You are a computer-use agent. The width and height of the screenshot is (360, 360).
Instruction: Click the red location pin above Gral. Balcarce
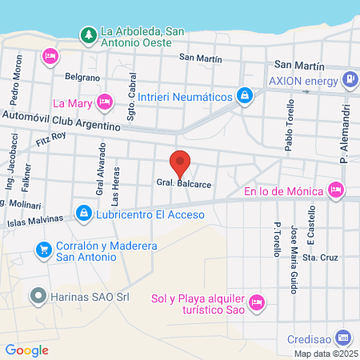click(181, 162)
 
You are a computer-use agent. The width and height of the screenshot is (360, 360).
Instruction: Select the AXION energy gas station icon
click(350, 79)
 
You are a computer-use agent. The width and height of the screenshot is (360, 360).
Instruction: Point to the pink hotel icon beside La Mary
click(104, 102)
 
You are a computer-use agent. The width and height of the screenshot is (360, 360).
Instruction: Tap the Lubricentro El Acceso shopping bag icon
click(83, 213)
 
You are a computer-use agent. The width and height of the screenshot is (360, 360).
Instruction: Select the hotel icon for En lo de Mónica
click(336, 190)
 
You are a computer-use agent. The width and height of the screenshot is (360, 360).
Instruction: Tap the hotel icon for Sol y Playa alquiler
click(256, 302)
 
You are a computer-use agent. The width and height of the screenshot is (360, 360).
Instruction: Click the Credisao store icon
click(343, 337)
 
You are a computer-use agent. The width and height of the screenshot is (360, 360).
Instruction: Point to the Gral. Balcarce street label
click(184, 183)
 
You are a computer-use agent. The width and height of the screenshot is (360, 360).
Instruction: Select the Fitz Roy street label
click(50, 141)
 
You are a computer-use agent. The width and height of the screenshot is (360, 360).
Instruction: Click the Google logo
click(26, 350)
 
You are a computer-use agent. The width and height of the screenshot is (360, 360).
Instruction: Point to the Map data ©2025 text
click(326, 353)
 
